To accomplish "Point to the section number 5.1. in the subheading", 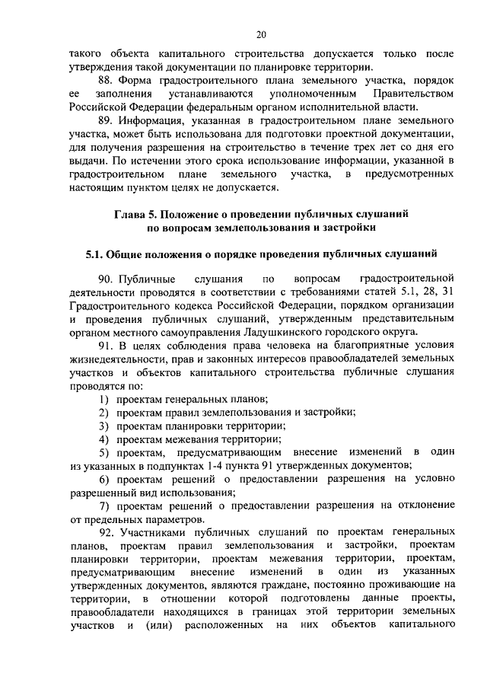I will (94, 254).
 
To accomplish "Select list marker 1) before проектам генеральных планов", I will (104, 399).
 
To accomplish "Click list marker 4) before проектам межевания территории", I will (104, 438).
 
